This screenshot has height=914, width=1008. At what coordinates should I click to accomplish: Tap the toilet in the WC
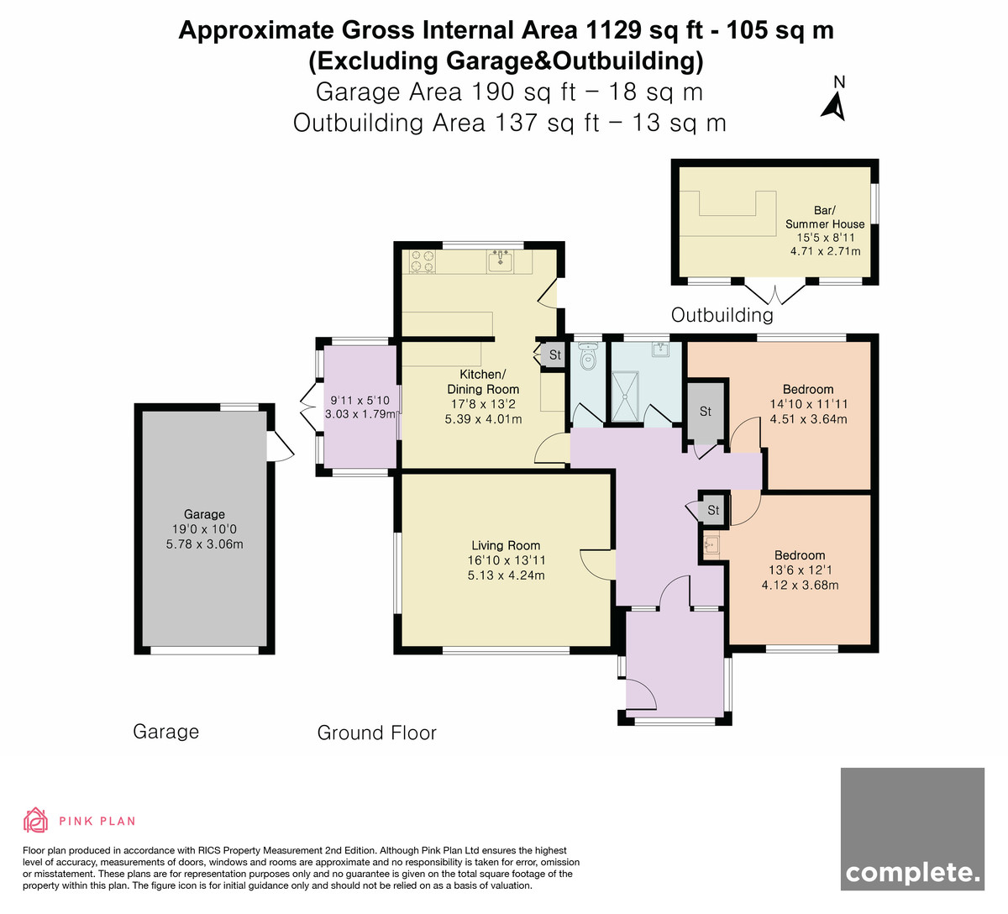tap(587, 356)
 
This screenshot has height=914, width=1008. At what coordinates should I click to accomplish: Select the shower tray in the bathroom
tap(625, 397)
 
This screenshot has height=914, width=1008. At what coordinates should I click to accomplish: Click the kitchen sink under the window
tap(500, 261)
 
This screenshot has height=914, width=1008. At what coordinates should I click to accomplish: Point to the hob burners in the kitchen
tap(422, 261)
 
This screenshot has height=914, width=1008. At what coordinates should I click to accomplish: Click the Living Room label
tap(506, 545)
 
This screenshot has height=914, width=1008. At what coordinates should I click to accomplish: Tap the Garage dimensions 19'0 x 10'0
tap(204, 529)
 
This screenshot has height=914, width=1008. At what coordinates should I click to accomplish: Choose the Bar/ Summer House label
tap(825, 218)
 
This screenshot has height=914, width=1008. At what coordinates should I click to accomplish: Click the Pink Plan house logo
tap(35, 820)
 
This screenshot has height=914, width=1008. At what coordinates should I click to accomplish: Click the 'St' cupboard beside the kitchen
tap(554, 355)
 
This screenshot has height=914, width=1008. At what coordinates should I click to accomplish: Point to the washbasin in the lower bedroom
tap(711, 544)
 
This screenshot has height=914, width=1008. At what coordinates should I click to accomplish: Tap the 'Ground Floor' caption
tap(377, 733)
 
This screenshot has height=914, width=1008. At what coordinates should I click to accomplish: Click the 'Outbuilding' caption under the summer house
tap(722, 315)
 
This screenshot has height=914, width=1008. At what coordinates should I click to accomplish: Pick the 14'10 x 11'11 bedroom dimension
tap(809, 404)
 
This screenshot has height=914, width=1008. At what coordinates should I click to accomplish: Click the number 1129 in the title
tap(612, 30)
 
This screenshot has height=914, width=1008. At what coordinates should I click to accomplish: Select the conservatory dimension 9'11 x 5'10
tap(360, 400)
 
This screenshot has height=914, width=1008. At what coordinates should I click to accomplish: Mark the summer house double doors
tap(775, 295)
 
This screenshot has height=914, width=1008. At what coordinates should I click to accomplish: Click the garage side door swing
tap(281, 446)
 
